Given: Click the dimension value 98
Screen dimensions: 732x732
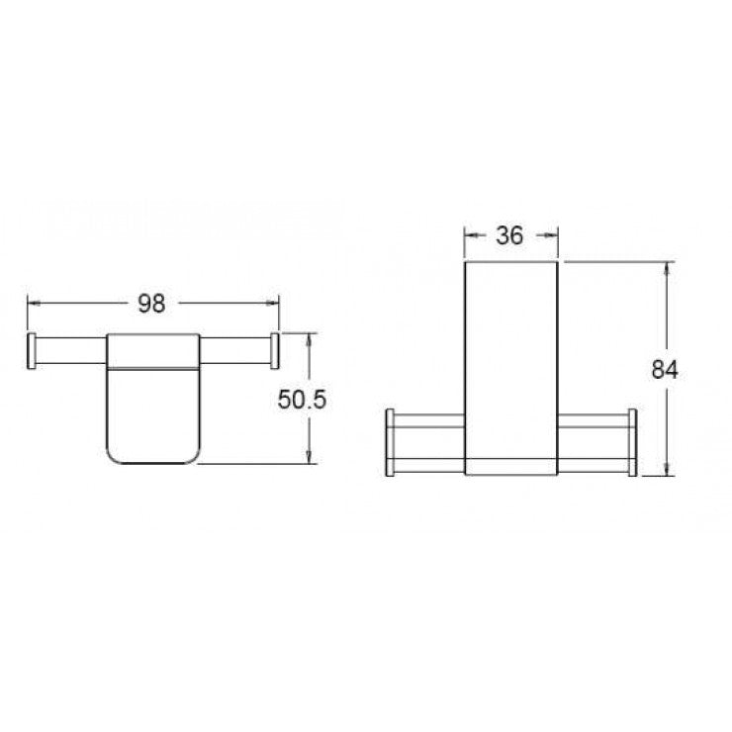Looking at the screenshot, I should point(151,304).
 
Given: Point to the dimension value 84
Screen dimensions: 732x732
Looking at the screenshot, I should point(665,369).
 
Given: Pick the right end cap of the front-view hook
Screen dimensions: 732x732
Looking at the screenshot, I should point(630,442).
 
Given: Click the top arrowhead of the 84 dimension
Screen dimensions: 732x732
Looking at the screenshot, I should point(670,268).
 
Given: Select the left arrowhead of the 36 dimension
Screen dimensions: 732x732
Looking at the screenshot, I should point(470,235).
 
